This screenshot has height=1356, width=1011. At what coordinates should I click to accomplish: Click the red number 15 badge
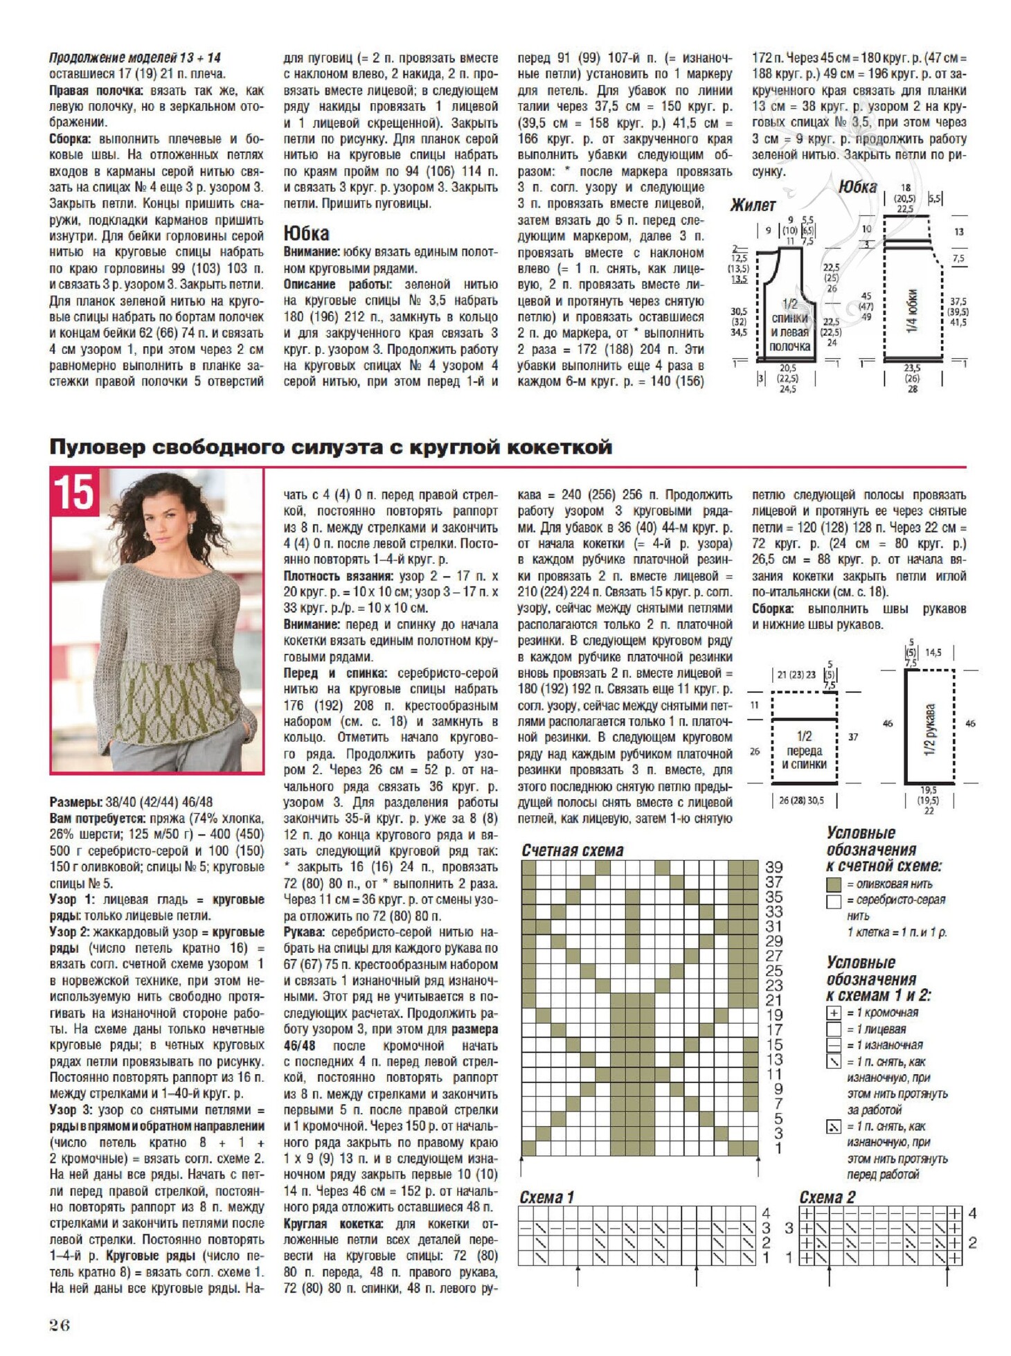tap(74, 492)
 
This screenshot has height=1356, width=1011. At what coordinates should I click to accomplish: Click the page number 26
tap(60, 1324)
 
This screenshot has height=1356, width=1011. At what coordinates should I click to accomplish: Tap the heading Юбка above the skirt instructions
tap(306, 233)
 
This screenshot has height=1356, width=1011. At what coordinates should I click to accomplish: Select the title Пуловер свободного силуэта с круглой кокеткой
tap(330, 447)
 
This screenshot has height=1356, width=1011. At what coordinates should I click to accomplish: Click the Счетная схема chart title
tap(573, 850)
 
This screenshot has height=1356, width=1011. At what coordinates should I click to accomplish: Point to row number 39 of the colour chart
tap(774, 867)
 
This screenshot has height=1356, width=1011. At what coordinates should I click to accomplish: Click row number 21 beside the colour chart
tap(774, 1000)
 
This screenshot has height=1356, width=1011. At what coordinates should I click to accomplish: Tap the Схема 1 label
tap(547, 1197)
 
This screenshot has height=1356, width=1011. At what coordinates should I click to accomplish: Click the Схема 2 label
tap(827, 1197)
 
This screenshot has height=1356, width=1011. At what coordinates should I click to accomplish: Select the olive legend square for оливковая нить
tap(834, 884)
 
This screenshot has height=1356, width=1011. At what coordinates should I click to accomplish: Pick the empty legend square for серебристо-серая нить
tap(834, 901)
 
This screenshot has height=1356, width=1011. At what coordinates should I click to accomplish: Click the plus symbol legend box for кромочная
tap(834, 1012)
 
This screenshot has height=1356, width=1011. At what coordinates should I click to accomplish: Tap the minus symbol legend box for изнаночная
tap(834, 1045)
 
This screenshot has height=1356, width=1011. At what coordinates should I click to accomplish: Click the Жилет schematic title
tap(753, 205)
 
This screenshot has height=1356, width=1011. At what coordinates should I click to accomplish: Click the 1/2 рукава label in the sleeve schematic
tap(929, 730)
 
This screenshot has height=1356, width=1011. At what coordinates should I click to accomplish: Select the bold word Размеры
tap(76, 802)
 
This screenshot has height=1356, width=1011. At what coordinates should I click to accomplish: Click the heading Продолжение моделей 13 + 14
tap(135, 57)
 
